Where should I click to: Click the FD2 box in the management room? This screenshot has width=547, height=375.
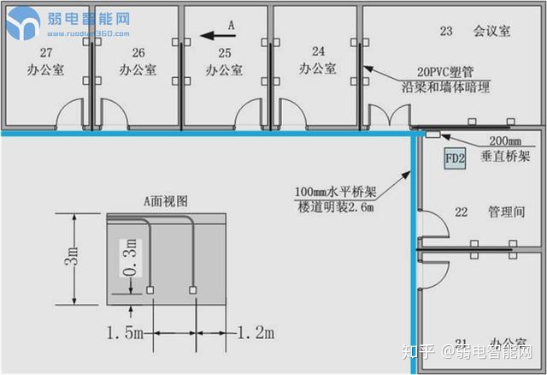coord(455,158)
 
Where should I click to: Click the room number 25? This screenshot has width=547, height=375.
coord(226,52)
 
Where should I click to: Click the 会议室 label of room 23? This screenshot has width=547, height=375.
coord(491,31)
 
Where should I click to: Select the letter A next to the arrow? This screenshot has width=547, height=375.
coord(231,27)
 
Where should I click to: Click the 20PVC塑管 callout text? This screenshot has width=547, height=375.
coord(446,73)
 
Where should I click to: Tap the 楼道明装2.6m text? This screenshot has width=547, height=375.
coord(335,208)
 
